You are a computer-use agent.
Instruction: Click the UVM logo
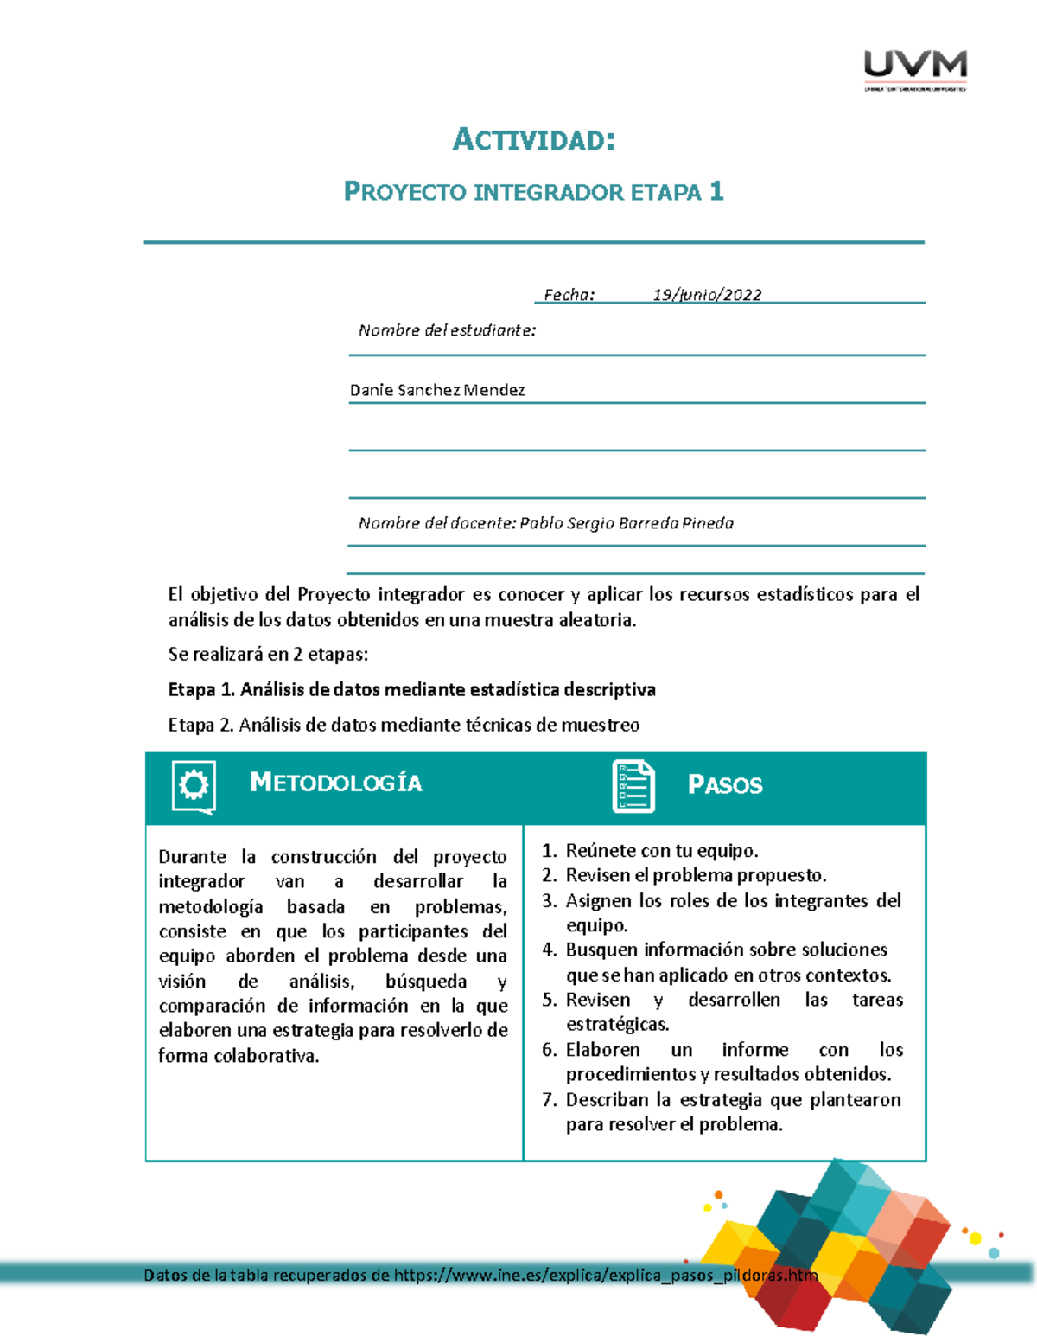coord(915,68)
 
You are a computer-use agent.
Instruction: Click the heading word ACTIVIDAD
coord(533,139)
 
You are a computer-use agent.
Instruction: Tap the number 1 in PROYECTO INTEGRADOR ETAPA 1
coord(716,191)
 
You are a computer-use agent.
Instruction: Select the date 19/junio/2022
coord(707,295)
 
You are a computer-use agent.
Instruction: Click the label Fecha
coord(569,295)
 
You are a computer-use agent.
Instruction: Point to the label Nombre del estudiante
coord(447,330)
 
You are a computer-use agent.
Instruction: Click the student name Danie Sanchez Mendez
coord(437,390)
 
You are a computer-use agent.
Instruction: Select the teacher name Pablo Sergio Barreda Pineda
coord(627,523)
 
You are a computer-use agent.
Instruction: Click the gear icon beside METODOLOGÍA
coord(194,786)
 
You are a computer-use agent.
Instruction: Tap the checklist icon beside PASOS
coord(633,786)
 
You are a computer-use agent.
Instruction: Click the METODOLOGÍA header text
coord(335,783)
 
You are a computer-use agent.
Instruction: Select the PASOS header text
coord(725,785)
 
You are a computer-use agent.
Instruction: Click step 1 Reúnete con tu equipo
coord(661,851)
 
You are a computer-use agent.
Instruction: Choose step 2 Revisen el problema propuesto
coord(696,875)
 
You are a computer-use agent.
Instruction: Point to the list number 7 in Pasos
coord(549,1100)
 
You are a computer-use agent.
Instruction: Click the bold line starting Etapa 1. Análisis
coord(411,689)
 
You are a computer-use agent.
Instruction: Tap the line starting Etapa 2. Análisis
coord(404,725)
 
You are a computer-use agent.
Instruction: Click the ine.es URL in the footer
coord(605,1275)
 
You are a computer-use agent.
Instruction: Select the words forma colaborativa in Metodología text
coord(239,1056)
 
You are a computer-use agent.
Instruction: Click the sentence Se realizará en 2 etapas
coord(268,654)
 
